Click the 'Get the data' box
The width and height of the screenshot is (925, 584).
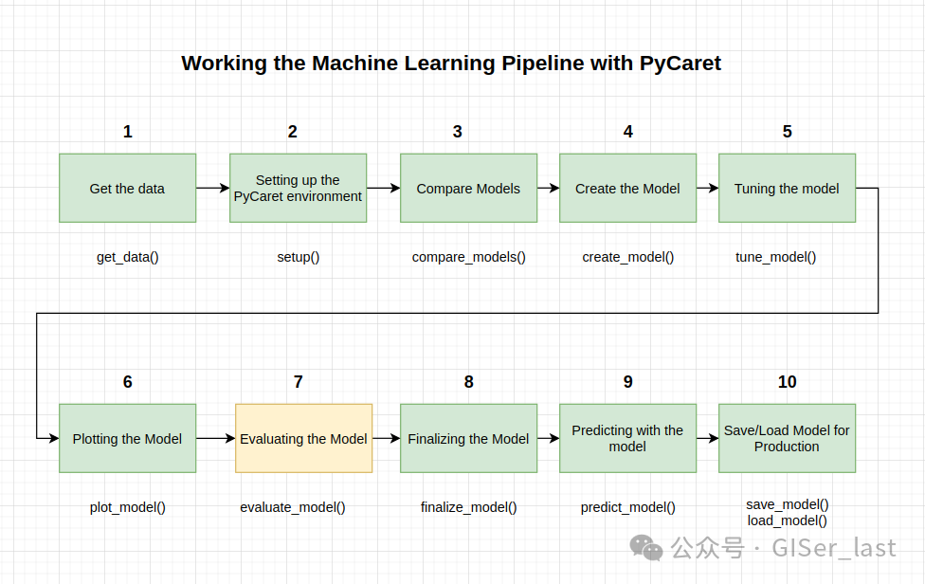pos(127,188)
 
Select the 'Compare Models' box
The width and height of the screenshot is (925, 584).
pos(468,188)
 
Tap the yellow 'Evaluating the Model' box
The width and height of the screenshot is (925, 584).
pos(304,438)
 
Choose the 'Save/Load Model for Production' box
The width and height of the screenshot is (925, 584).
pos(787,438)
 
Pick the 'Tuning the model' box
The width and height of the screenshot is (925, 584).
pos(787,188)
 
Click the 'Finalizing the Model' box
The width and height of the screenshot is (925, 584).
pos(468,438)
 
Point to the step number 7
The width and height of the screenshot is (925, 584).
pos(299,382)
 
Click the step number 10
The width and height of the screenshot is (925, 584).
pos(787,382)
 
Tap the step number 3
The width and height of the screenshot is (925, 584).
pos(457,132)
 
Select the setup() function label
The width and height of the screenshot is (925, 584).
pos(299,257)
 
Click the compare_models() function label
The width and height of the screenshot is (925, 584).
pos(468,257)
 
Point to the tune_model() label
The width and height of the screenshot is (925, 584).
pos(776,257)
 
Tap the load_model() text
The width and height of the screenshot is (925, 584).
pos(787,520)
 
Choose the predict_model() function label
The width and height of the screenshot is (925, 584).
pos(627,507)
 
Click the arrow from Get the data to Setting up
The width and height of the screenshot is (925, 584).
pos(213,188)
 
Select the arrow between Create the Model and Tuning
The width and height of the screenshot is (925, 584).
pos(707,188)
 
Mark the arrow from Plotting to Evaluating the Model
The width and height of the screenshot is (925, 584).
pos(216,438)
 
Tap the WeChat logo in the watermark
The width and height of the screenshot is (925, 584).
pos(646,548)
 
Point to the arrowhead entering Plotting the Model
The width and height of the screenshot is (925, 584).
pos(54,438)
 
